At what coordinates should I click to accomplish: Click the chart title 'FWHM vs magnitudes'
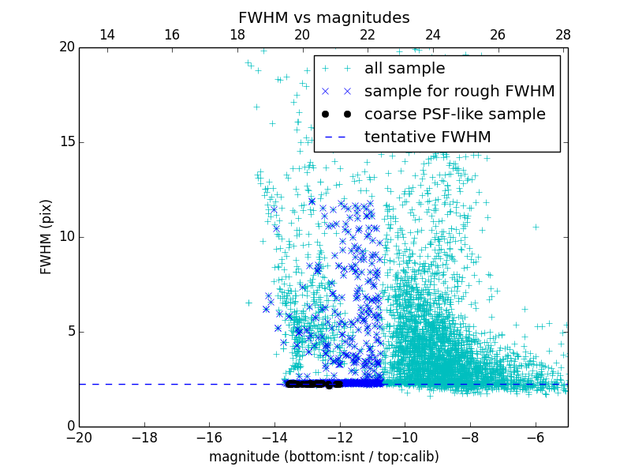click(323, 17)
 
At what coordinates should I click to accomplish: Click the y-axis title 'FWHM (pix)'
click(47, 237)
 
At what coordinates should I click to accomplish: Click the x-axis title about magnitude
click(323, 457)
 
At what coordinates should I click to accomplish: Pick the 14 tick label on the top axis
click(106, 35)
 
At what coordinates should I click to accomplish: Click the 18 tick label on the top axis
click(237, 35)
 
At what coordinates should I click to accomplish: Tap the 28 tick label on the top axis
click(562, 35)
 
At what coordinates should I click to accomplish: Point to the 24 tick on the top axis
click(432, 35)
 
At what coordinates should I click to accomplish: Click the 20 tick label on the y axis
click(65, 47)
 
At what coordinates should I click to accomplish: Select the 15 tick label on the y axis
click(65, 142)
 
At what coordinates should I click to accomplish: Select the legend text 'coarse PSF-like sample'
click(454, 115)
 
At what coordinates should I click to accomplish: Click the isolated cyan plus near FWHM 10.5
click(536, 227)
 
